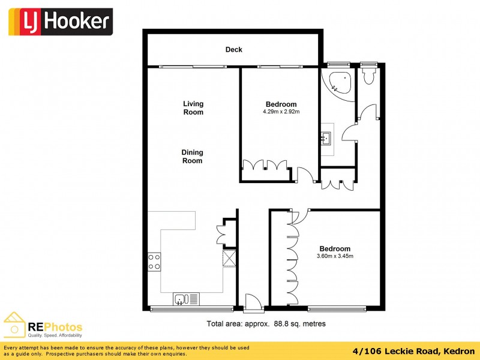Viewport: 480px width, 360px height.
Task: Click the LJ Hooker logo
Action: click(60, 22)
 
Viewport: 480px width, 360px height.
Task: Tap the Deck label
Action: click(233, 50)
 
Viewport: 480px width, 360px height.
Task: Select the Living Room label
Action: click(193, 108)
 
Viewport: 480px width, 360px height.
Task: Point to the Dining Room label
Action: click(192, 157)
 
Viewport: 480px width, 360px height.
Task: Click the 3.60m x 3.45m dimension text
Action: click(335, 257)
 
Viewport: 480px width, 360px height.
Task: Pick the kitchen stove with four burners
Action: click(154, 261)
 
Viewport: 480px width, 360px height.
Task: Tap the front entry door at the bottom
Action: click(254, 303)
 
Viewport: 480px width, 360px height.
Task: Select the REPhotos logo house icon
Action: click(14, 325)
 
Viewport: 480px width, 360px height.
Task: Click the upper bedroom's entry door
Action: click(305, 174)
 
